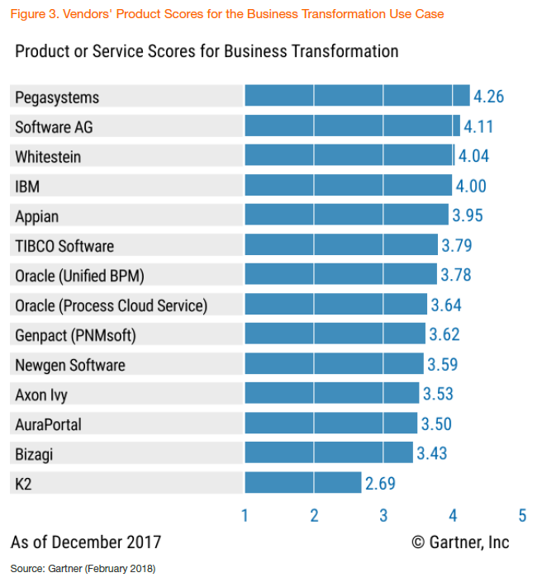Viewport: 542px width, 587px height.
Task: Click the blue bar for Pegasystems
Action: [x=357, y=97]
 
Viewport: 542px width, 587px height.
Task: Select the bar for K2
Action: [x=303, y=483]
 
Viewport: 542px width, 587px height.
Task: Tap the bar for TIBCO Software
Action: [x=341, y=245]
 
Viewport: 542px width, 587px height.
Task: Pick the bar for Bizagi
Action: [x=329, y=453]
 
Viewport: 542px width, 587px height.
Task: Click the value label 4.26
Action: [x=488, y=97]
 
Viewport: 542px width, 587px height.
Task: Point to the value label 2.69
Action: [x=380, y=483]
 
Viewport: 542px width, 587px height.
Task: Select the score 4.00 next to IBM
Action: [x=471, y=186]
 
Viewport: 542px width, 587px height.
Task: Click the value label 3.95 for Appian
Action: [x=467, y=215]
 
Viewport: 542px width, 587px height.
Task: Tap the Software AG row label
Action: [x=53, y=126]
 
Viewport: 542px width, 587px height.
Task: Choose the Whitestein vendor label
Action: [x=48, y=156]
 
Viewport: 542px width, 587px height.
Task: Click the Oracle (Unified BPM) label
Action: [x=85, y=275]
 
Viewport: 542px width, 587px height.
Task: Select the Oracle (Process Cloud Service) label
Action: [x=111, y=305]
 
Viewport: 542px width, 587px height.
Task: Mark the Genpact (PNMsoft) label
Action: [x=75, y=334]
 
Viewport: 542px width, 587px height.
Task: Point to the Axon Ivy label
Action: [x=41, y=394]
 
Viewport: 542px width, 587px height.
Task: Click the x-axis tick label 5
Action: [x=522, y=516]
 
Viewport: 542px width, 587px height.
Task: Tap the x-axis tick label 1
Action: [x=245, y=516]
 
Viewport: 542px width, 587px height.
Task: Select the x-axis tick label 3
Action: [x=383, y=516]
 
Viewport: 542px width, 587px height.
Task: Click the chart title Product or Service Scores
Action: [x=207, y=51]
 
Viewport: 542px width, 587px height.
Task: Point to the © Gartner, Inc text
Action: [x=460, y=542]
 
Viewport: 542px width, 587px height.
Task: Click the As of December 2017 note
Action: [x=86, y=542]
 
